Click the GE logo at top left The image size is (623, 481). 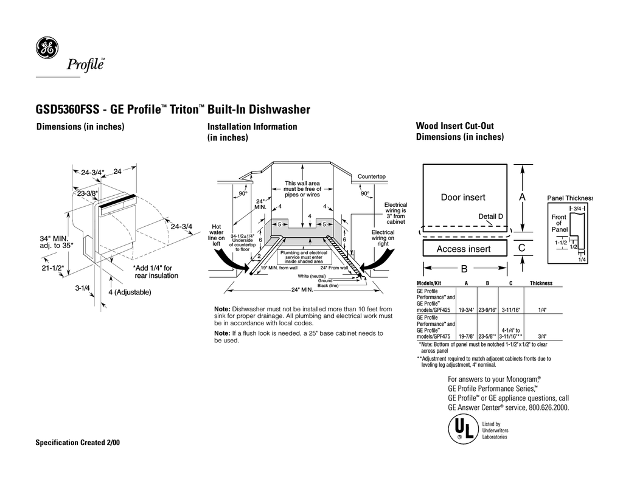coord(46,49)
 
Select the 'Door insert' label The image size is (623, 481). coord(463,198)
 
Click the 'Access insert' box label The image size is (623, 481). coord(464,249)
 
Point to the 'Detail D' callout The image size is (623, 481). coord(491,216)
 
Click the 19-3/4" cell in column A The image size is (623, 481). coord(467,310)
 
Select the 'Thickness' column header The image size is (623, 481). coord(541,284)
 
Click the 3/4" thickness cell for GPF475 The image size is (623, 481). coord(541,336)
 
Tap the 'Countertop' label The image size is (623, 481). coord(371,176)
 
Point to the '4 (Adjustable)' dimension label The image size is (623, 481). coord(129,292)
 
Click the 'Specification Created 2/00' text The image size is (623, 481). coord(78,442)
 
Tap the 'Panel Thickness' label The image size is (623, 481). coord(570,198)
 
